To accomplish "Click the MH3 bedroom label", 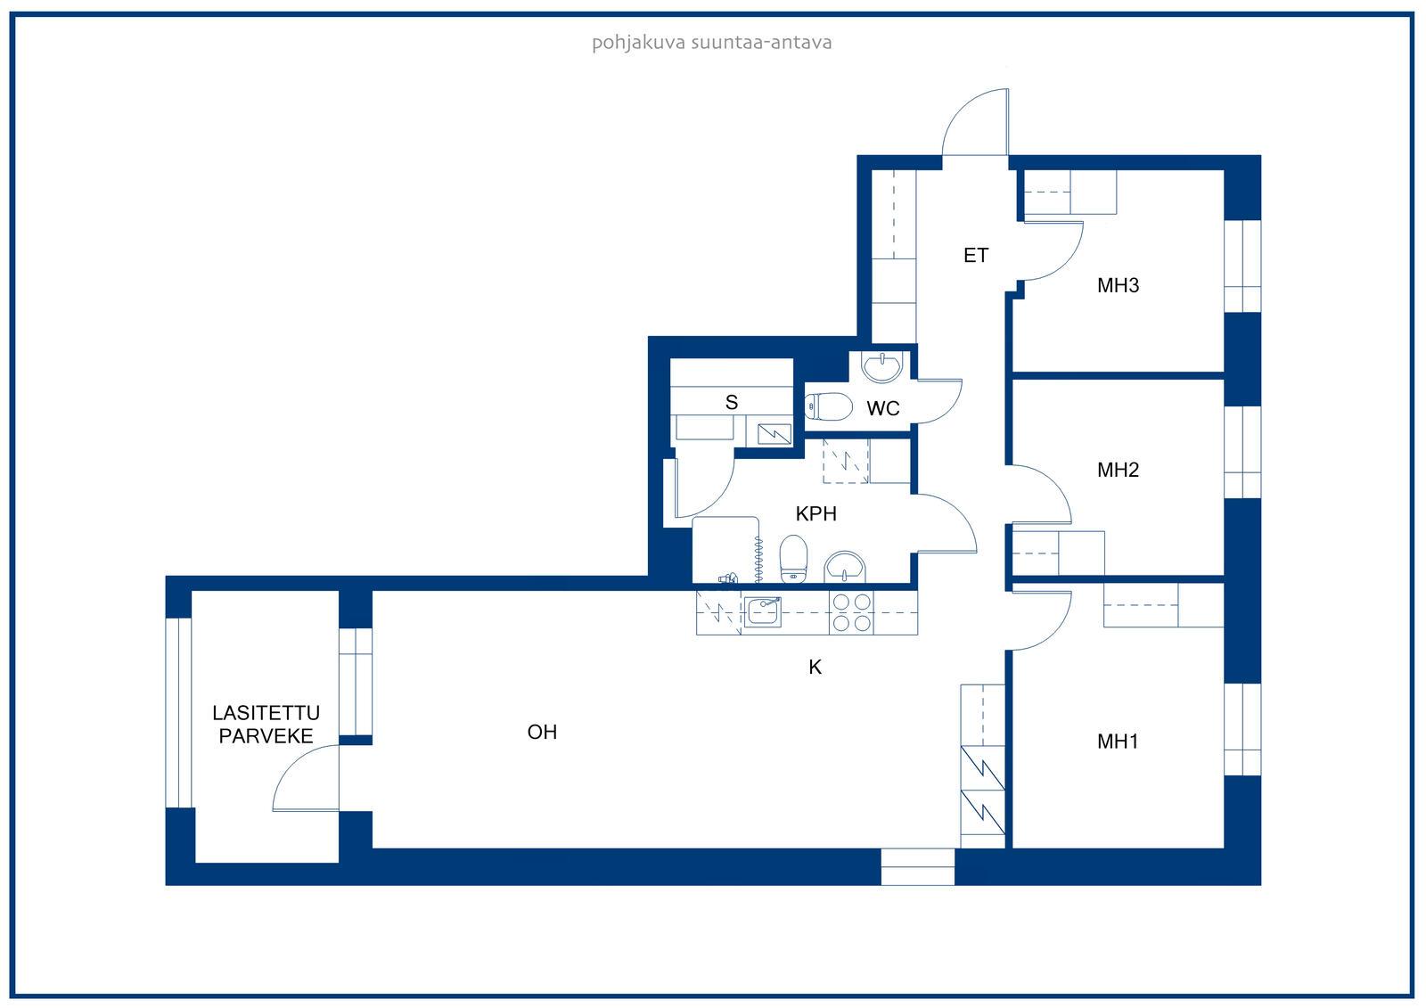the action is [x=1118, y=285].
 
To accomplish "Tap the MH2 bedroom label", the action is [x=1118, y=470].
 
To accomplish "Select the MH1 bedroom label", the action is [x=1118, y=742].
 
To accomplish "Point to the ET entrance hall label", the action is [x=976, y=256].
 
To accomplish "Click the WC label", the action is [x=883, y=408].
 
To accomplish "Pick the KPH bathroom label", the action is [x=816, y=513].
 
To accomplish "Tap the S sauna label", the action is [x=732, y=402].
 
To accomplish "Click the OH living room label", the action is [x=543, y=733].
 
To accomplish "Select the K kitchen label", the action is [x=815, y=667].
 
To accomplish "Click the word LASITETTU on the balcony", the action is [x=266, y=712].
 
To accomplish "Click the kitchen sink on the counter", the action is [x=763, y=611].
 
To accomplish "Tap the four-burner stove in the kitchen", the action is [x=852, y=612].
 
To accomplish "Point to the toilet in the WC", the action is [x=828, y=406].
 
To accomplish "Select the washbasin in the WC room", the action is [x=881, y=366].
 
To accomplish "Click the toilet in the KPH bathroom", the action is [x=793, y=558].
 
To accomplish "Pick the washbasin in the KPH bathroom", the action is [x=845, y=567].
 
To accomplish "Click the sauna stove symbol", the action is [x=774, y=434].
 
